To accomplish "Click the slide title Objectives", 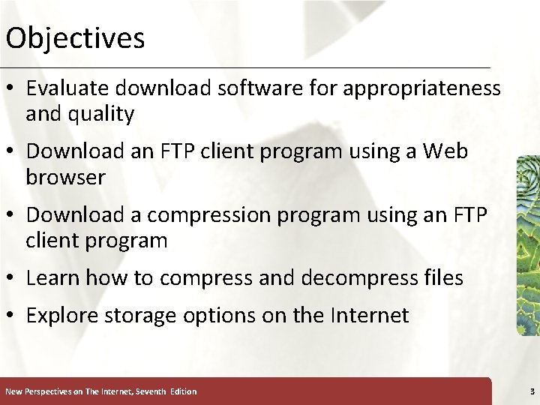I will click(74, 37).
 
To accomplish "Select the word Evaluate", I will click(63, 88).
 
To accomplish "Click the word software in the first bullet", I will click(252, 88).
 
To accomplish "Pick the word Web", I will click(445, 151).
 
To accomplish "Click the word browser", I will click(66, 178).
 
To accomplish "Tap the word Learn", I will click(53, 278).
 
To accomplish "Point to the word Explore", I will click(59, 316).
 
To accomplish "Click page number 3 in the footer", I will click(532, 391).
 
